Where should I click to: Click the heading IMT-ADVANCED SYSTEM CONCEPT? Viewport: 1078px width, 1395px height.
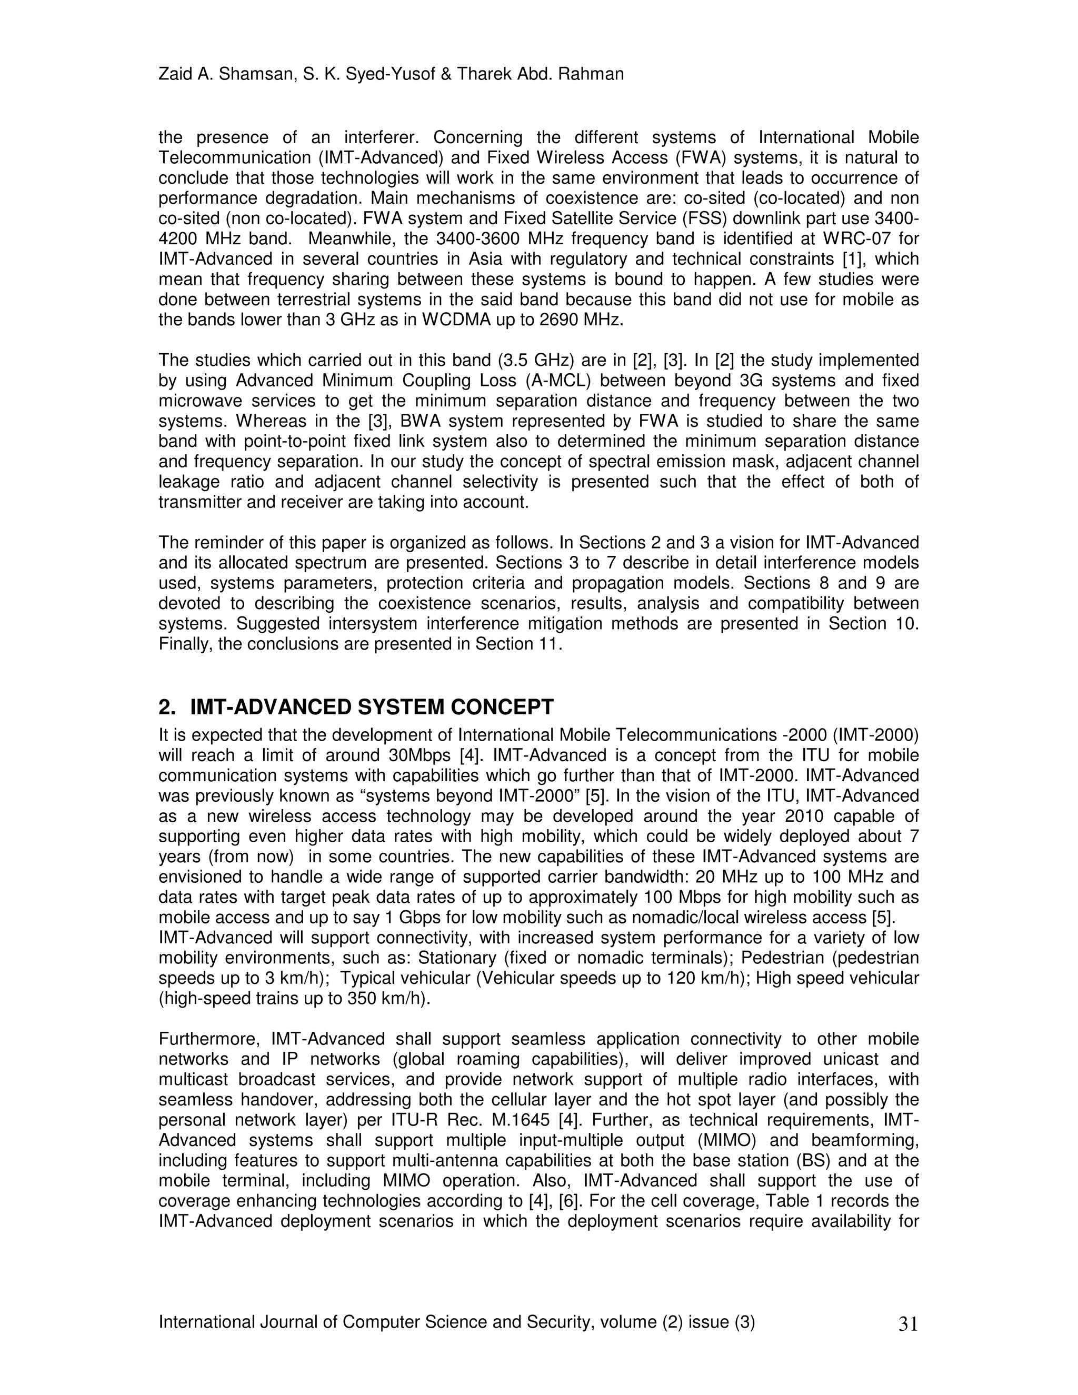[x=372, y=707]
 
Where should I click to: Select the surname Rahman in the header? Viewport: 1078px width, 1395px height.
[x=591, y=75]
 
